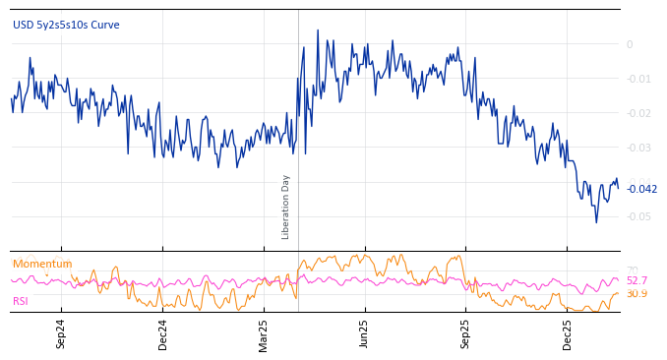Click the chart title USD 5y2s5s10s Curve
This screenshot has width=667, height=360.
tap(66, 25)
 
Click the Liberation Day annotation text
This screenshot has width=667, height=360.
tap(286, 207)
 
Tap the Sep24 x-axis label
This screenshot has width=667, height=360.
tap(61, 334)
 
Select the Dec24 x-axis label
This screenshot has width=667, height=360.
tap(163, 334)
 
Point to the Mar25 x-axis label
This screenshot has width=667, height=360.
tap(264, 334)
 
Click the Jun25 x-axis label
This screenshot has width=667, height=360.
tap(365, 334)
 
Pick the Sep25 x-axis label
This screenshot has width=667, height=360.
tap(466, 334)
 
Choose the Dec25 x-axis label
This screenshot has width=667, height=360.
tap(568, 334)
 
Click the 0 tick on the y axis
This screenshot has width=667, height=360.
tap(630, 44)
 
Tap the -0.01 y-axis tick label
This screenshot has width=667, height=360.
tap(637, 79)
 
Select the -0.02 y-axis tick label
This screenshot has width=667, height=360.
tap(637, 113)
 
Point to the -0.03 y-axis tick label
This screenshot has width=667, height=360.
tap(637, 148)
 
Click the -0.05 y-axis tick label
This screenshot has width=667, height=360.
tap(637, 216)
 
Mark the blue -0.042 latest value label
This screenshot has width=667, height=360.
tap(641, 189)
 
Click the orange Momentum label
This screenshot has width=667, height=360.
tap(42, 264)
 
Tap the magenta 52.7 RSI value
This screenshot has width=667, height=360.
tap(637, 280)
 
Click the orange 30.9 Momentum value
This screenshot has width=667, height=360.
tap(637, 293)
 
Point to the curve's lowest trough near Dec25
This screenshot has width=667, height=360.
tap(595, 221)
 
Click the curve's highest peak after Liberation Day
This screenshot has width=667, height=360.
tap(318, 30)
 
